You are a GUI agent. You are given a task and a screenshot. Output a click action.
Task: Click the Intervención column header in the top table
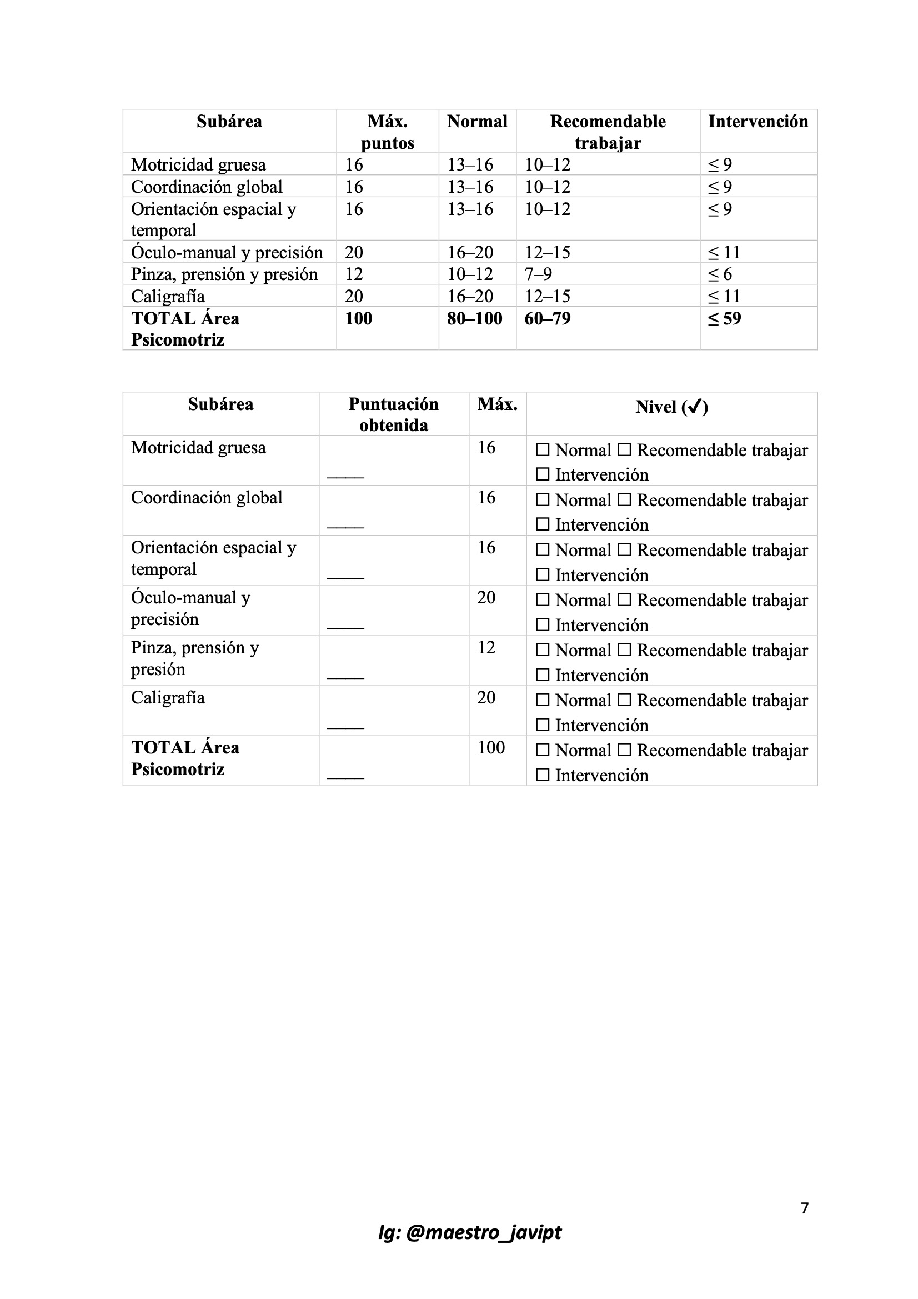[x=758, y=122]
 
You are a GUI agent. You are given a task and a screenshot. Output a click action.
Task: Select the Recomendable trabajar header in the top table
[x=608, y=132]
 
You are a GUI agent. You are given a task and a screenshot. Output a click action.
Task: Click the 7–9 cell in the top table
[x=538, y=274]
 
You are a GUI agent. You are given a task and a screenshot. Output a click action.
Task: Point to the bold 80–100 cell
[x=475, y=318]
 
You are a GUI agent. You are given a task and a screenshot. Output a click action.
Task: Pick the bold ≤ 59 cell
[x=724, y=318]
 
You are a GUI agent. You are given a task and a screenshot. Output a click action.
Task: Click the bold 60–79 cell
[x=547, y=318]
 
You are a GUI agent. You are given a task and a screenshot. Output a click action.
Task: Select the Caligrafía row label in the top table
[x=168, y=297]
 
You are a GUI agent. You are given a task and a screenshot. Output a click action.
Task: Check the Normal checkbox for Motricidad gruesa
[x=543, y=451]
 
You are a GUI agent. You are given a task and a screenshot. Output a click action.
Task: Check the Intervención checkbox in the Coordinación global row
[x=543, y=524]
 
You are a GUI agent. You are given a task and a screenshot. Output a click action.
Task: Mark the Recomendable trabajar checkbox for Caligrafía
[x=624, y=700]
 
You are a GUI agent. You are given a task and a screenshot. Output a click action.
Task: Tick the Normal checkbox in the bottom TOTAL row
[x=543, y=750]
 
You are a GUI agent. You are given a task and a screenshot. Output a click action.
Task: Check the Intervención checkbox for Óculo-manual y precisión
[x=543, y=624]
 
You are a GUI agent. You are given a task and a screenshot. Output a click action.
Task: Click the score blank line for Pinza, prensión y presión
[x=345, y=677]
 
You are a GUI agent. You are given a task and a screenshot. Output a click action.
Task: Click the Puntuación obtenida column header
[x=393, y=414]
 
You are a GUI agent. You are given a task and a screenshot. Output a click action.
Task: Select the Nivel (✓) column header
[x=671, y=407]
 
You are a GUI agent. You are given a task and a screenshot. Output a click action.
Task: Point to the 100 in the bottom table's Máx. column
[x=491, y=747]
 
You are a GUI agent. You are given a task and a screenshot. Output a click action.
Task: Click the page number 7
[x=805, y=1208]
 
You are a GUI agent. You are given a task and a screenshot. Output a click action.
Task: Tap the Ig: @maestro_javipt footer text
[x=469, y=1232]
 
